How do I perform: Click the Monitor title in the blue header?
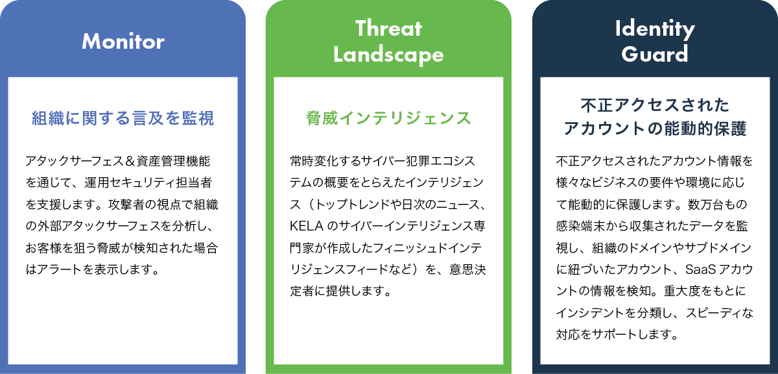pos(123,42)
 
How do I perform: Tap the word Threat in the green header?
pos(388,28)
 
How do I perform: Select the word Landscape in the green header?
pos(388,55)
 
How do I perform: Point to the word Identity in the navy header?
pos(655,29)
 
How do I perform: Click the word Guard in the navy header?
pos(655,54)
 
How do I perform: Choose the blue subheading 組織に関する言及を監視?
pos(123,118)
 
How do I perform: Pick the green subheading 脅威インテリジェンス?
pos(388,118)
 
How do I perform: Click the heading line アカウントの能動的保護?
pos(655,129)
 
